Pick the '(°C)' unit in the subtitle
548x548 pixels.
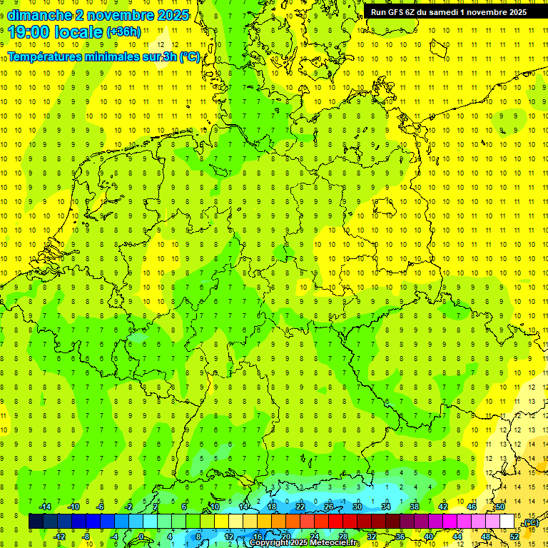point(189,56)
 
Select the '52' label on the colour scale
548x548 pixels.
point(514,536)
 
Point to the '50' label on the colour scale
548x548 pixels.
point(500,507)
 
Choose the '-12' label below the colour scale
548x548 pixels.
point(59,536)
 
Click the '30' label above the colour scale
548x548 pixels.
point(357,507)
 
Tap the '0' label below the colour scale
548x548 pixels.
point(141,536)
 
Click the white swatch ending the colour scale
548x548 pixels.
point(507,522)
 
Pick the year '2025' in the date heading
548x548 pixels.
point(172,14)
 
